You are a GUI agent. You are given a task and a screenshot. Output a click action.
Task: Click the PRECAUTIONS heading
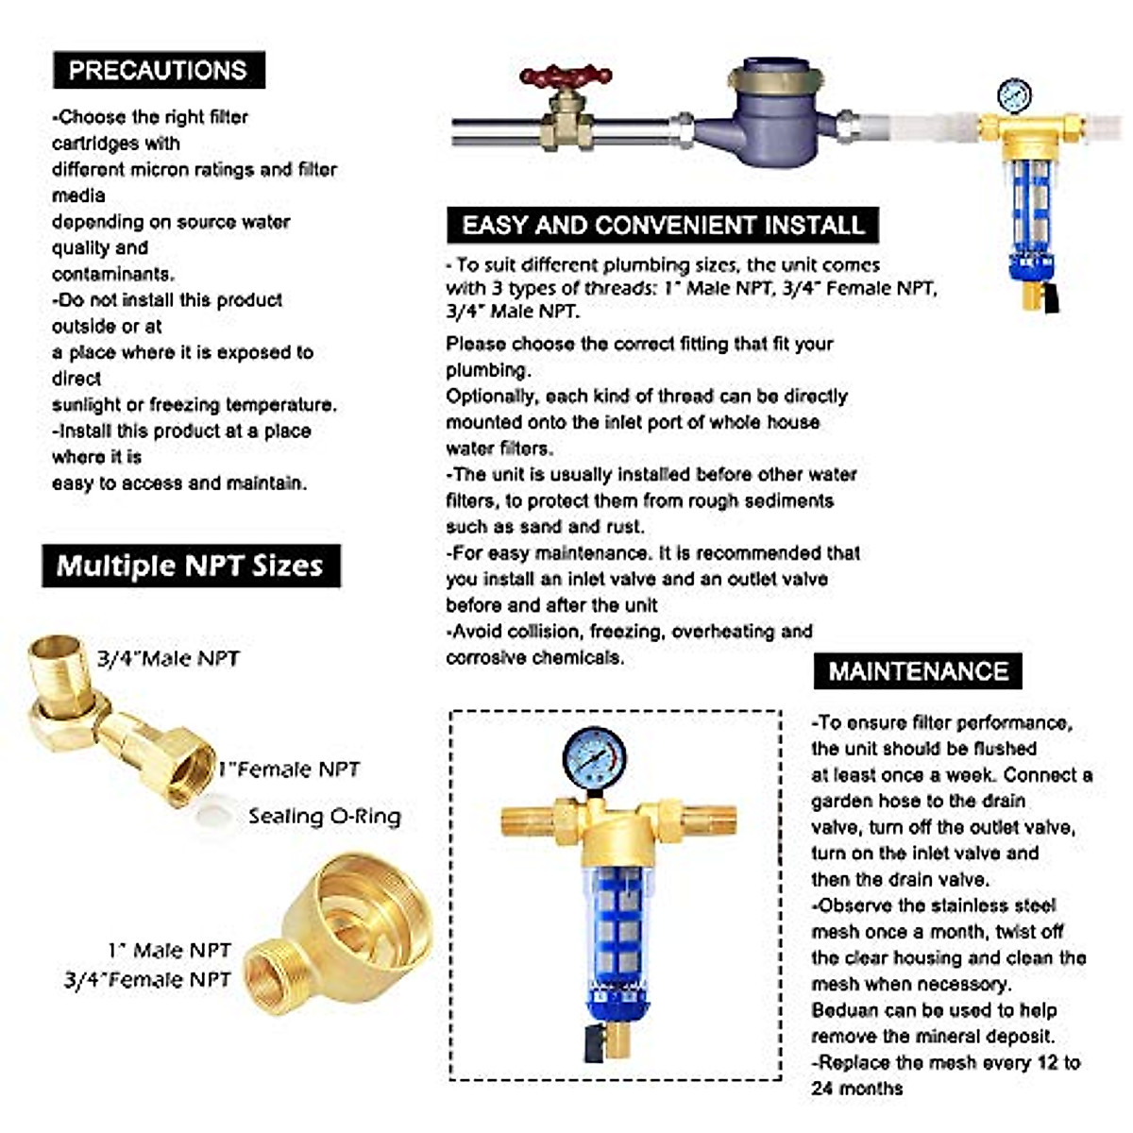coord(158,70)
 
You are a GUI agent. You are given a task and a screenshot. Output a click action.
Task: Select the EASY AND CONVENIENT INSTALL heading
coord(663,225)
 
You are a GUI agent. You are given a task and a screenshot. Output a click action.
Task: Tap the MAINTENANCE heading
coord(918,671)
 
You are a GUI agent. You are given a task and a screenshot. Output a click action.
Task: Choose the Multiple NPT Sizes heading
coord(191,566)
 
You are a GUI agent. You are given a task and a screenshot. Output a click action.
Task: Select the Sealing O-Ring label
coord(324,817)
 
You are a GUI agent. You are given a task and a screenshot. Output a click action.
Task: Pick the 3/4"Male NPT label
coord(168,658)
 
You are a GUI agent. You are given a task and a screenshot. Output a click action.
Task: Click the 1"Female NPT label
coord(289,770)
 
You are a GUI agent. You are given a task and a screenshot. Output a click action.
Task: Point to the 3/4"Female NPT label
coord(147,980)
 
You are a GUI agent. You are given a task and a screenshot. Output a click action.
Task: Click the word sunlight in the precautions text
coord(86,405)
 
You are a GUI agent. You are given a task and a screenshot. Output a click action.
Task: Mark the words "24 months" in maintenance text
coord(856,1089)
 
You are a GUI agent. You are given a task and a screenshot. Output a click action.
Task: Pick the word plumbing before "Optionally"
coord(487,370)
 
